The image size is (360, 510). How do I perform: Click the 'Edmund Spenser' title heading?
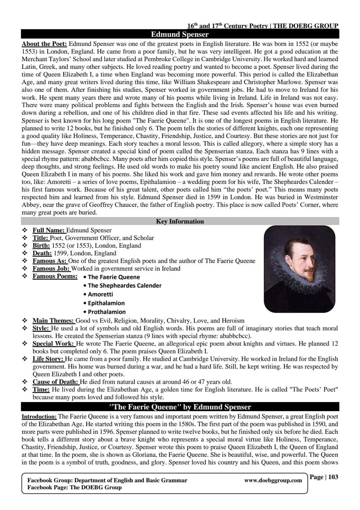point(180,34)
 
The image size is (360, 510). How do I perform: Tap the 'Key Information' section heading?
point(180,221)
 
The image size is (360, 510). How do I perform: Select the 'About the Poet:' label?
point(44,44)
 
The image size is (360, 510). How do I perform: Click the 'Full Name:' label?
point(49,230)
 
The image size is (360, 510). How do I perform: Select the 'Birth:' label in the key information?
point(41,245)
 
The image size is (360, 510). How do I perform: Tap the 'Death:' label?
point(42,253)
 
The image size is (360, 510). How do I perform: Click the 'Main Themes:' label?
point(53,321)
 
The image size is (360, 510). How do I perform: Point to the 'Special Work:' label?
point(54,344)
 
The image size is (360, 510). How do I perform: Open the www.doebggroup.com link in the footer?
point(273,480)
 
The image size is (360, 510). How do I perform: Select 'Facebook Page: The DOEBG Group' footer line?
point(74,487)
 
